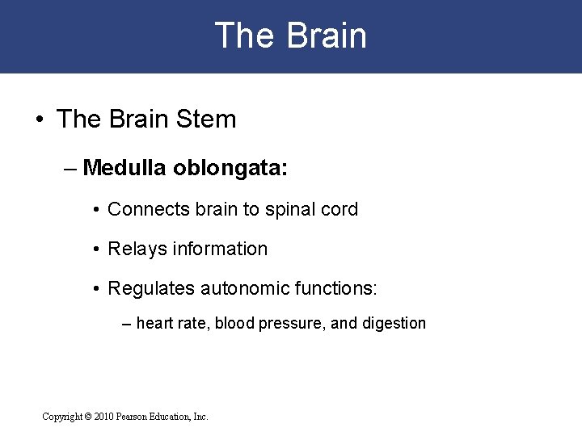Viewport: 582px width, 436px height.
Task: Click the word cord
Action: pyautogui.click(x=339, y=209)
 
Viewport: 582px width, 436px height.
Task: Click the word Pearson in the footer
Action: pyautogui.click(x=138, y=417)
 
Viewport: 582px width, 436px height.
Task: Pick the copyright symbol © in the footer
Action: pyautogui.click(x=88, y=417)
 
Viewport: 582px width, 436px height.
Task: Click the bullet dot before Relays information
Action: pyautogui.click(x=96, y=249)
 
